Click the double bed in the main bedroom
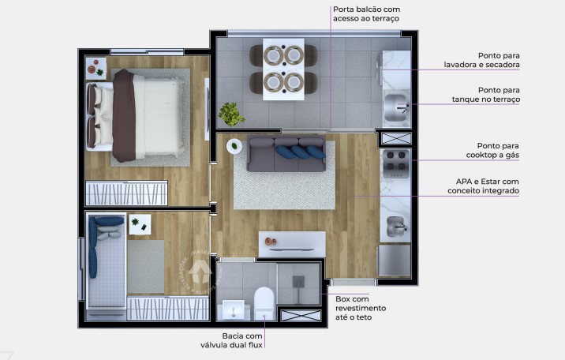[x=142, y=114]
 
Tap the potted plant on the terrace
[x=231, y=114]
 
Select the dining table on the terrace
[x=283, y=69]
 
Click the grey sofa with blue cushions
[x=286, y=154]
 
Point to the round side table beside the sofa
[x=234, y=146]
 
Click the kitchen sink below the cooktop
[x=395, y=227]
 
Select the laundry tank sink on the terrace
[x=395, y=105]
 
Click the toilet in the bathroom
[x=264, y=303]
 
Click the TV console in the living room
[x=292, y=243]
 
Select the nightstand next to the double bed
[x=96, y=69]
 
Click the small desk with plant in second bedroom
[x=139, y=224]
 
